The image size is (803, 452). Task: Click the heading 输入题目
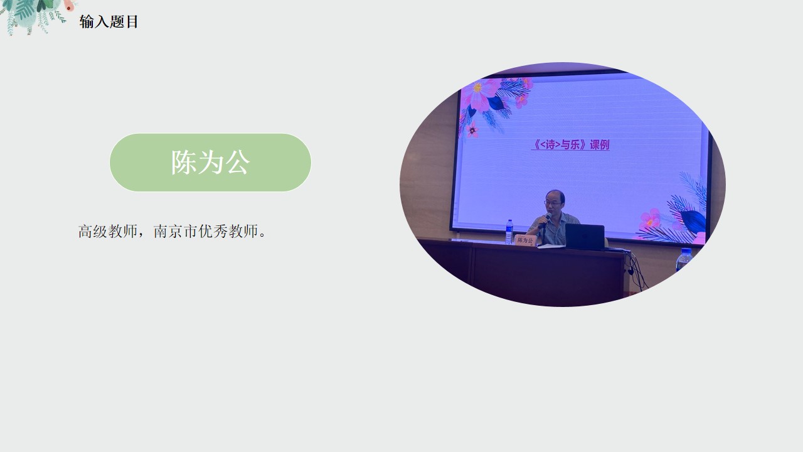109,21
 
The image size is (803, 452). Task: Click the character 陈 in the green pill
184,163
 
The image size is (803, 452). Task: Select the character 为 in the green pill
210,163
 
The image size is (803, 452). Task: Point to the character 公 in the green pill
237,163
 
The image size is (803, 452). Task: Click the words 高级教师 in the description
108,232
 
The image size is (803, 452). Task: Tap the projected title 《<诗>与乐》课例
570,144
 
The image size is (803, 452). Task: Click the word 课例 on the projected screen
599,144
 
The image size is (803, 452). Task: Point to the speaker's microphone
546,218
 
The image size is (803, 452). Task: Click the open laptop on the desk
585,237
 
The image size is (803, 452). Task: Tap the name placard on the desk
526,240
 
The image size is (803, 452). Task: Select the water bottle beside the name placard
509,232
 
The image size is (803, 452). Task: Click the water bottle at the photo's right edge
684,260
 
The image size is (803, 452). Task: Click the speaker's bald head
555,195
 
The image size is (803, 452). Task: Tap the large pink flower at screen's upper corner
480,94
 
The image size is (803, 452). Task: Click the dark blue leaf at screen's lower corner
693,220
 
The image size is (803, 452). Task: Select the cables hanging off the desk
636,270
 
